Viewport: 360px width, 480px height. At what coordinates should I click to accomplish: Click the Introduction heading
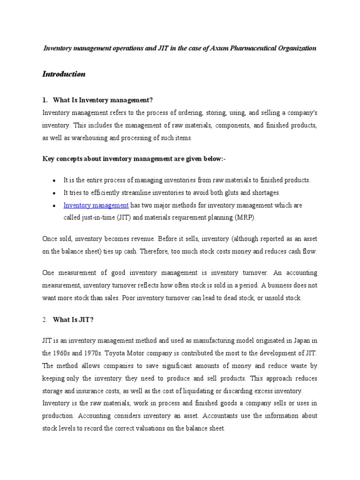point(64,74)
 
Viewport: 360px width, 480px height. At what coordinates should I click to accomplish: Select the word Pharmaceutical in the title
point(247,48)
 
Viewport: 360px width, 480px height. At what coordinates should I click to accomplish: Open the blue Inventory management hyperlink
point(96,205)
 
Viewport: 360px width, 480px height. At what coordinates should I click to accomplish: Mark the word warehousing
point(81,138)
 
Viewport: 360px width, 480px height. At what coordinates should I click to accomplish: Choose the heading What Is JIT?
point(74,319)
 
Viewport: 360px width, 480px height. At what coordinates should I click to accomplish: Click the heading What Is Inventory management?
point(103,100)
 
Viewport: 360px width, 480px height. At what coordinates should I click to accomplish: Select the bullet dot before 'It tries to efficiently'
point(55,193)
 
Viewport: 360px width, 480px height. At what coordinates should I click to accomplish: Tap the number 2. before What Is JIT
point(45,319)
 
